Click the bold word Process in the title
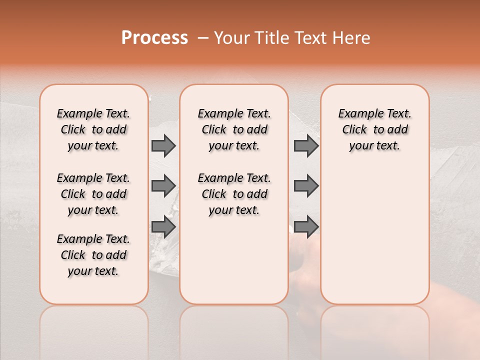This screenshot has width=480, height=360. pyautogui.click(x=154, y=38)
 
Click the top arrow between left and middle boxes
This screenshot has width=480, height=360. pyautogui.click(x=163, y=145)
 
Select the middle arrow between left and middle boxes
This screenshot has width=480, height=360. pyautogui.click(x=163, y=186)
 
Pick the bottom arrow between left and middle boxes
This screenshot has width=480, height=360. pyautogui.click(x=163, y=226)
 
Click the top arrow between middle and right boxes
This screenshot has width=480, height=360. pyautogui.click(x=306, y=145)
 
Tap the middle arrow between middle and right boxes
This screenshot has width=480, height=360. pyautogui.click(x=306, y=186)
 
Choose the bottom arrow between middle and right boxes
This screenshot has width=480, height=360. pyautogui.click(x=306, y=226)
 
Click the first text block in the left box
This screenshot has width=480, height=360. pyautogui.click(x=93, y=129)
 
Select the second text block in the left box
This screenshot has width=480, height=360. pyautogui.click(x=93, y=194)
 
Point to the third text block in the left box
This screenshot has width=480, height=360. pyautogui.click(x=93, y=255)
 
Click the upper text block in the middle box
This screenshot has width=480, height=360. pyautogui.click(x=234, y=129)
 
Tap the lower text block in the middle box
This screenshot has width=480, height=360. pyautogui.click(x=234, y=194)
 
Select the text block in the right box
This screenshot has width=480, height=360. pyautogui.click(x=375, y=129)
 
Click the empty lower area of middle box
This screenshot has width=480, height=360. pyautogui.click(x=234, y=260)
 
